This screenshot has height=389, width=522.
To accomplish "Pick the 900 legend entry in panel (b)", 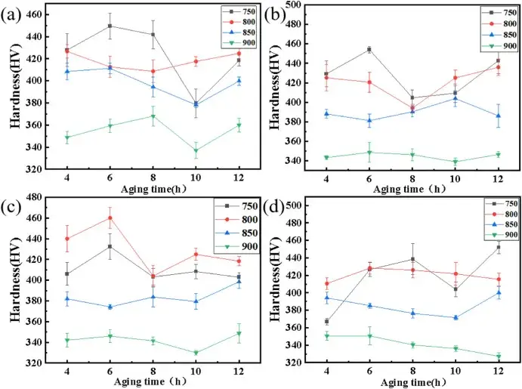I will [x=496, y=46].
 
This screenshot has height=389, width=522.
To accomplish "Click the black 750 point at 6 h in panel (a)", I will [x=110, y=26].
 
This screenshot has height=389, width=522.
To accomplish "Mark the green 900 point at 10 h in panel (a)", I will [x=196, y=150].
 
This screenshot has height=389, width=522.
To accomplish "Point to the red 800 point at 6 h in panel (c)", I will [x=110, y=218].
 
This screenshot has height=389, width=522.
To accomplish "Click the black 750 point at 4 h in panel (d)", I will [x=327, y=322].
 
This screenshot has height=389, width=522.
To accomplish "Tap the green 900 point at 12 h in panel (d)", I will [x=499, y=357].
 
